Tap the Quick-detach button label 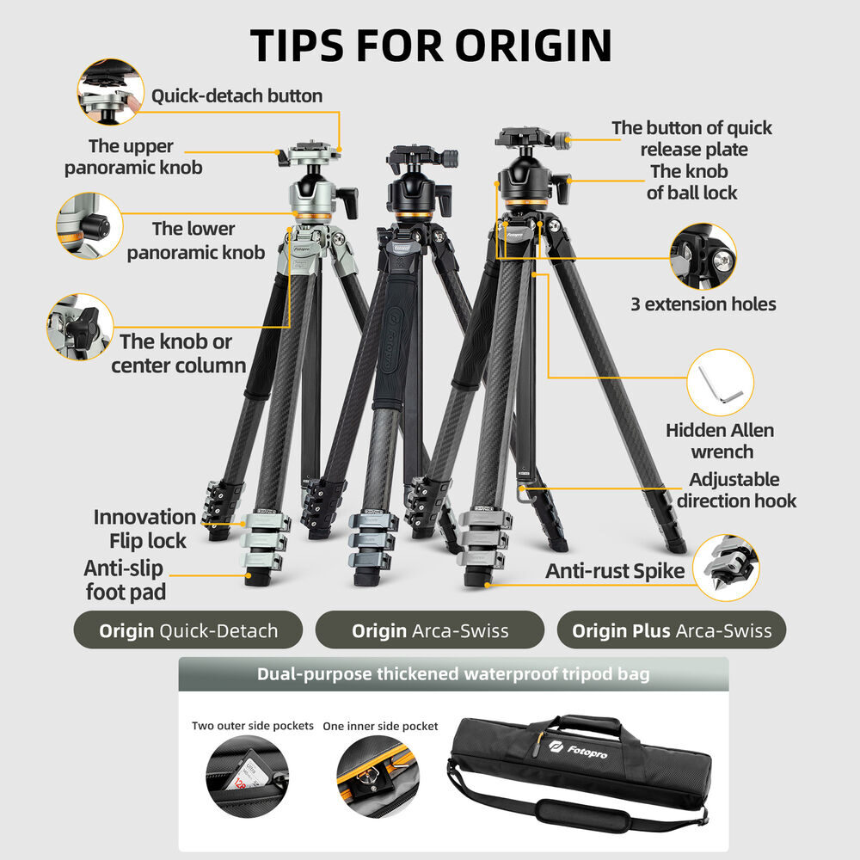click(x=237, y=96)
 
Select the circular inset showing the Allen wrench click(x=720, y=383)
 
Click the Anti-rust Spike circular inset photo click(x=726, y=568)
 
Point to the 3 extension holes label click(x=703, y=304)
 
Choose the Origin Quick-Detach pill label click(x=188, y=630)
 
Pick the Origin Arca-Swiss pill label click(x=430, y=630)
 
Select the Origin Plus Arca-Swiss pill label click(x=672, y=630)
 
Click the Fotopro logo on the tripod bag click(x=578, y=749)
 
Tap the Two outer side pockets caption click(x=253, y=726)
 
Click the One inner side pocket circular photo click(x=378, y=777)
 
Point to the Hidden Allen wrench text click(x=720, y=441)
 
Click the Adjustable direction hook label click(x=736, y=490)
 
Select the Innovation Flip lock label click(x=144, y=528)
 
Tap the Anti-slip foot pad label click(x=125, y=580)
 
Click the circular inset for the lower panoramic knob click(x=89, y=225)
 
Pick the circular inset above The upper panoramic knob click(x=110, y=92)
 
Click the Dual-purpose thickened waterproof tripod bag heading click(x=453, y=673)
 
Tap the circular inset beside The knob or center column click(x=80, y=327)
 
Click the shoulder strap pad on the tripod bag click(x=582, y=814)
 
